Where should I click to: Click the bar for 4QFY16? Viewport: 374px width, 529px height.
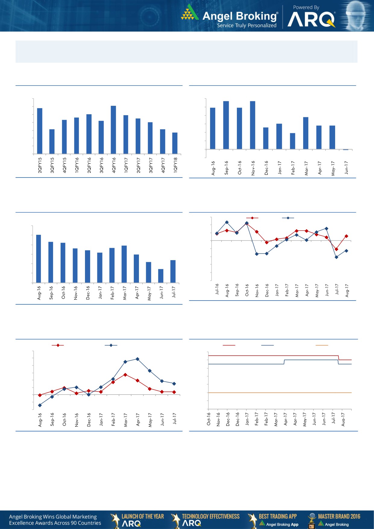113,130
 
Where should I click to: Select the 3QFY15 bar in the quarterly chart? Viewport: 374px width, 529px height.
52,142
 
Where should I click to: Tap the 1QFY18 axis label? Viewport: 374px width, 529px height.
175,165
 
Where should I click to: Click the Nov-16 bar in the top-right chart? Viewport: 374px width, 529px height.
253,125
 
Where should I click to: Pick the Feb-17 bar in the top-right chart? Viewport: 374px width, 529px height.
293,141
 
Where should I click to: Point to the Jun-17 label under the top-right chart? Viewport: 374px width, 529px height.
346,167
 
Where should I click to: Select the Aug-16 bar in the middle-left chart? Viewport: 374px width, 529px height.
39,259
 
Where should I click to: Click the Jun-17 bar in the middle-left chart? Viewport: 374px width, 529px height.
161,276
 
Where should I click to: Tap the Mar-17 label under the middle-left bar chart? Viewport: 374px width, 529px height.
124,293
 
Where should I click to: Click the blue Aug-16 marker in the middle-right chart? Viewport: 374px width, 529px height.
227,222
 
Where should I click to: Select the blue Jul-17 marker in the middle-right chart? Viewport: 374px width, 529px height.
337,257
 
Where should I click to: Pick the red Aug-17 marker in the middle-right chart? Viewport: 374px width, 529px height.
347,236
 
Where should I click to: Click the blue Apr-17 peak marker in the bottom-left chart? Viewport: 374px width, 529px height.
137,359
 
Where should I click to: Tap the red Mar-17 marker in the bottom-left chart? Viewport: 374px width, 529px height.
125,375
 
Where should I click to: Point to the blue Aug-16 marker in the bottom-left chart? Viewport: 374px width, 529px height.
40,405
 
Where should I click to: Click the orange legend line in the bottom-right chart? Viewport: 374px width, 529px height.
322,345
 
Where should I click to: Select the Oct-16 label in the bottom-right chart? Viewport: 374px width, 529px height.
209,419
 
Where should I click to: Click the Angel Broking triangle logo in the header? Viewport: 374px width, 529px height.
190,13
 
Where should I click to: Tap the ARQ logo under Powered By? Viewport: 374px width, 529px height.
311,20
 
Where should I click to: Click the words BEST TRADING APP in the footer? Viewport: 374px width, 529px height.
278,516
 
